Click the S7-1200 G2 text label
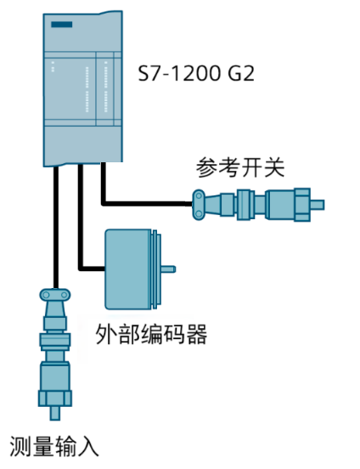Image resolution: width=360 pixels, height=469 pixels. [196, 75]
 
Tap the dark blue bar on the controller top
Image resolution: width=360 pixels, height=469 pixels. [62, 26]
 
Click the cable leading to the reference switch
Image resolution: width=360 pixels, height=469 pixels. [144, 203]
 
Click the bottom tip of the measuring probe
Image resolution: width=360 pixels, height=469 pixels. [55, 413]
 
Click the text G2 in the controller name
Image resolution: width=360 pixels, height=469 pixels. [240, 75]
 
